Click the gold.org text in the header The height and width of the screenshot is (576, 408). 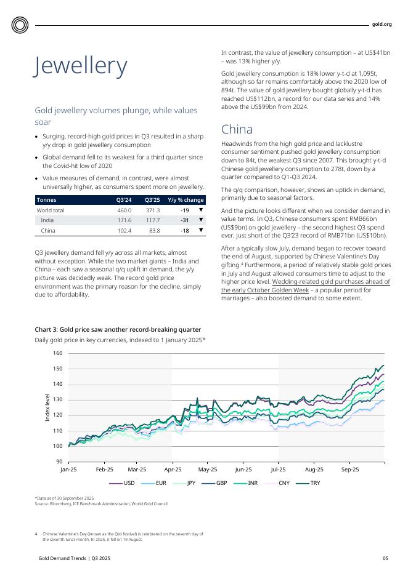tap(381, 25)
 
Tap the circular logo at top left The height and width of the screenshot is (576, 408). tap(20, 25)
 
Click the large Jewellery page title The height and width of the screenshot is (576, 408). tap(81, 66)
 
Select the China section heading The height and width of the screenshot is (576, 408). tap(237, 129)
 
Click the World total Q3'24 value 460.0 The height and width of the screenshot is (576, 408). tap(124, 210)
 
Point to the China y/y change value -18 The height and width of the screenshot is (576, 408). tap(184, 231)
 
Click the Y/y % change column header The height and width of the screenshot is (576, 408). tap(186, 200)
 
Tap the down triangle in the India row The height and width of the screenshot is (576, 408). tap(200, 220)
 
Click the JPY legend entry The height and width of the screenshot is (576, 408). tap(185, 483)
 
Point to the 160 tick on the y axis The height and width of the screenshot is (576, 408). tap(57, 353)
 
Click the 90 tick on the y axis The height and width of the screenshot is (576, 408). tap(59, 462)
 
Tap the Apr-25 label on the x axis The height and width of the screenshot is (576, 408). tap(172, 469)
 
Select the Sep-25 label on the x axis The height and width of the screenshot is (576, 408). tap(349, 469)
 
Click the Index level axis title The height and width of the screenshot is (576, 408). tap(47, 407)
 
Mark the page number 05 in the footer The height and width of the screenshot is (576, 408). tap(385, 558)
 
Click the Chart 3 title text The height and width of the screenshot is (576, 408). tap(118, 330)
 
